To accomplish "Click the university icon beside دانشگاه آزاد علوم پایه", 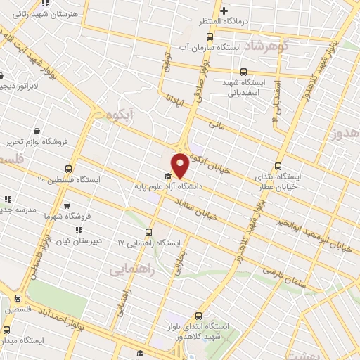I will [167, 176].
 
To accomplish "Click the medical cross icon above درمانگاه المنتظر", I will [223, 11].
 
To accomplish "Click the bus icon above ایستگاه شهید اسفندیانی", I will [243, 72].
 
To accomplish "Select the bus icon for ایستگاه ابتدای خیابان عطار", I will [278, 167].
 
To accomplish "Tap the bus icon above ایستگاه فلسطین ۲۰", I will [68, 169].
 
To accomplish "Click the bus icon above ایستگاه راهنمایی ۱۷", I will [148, 232].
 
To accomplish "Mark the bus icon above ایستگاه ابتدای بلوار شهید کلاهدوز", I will [199, 316].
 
